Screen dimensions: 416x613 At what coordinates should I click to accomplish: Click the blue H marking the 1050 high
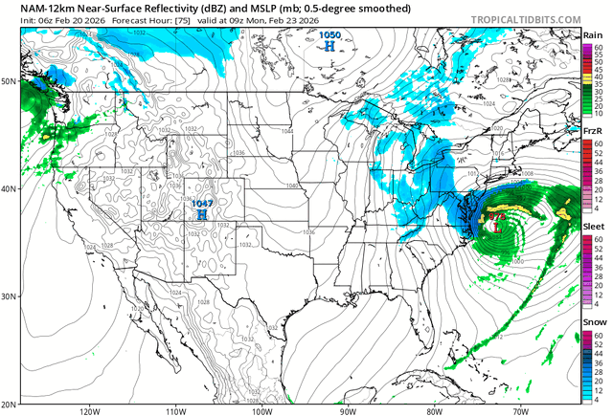tap(330, 45)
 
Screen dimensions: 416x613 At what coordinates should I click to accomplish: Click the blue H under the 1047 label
tap(202, 216)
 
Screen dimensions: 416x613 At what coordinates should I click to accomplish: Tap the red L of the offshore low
tap(498, 228)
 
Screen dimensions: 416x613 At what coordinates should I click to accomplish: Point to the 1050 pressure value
tap(329, 34)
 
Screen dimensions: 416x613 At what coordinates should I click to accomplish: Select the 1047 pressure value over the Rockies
tap(201, 204)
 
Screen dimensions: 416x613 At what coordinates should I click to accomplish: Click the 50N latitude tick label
tap(11, 81)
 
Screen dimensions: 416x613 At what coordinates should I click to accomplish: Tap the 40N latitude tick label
tap(11, 188)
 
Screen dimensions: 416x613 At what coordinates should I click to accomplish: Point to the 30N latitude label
tap(11, 296)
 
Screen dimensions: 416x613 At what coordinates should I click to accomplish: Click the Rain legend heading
tap(592, 35)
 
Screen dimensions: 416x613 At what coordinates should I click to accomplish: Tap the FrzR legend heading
tap(592, 131)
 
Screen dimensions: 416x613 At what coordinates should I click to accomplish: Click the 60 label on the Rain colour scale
tap(598, 47)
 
